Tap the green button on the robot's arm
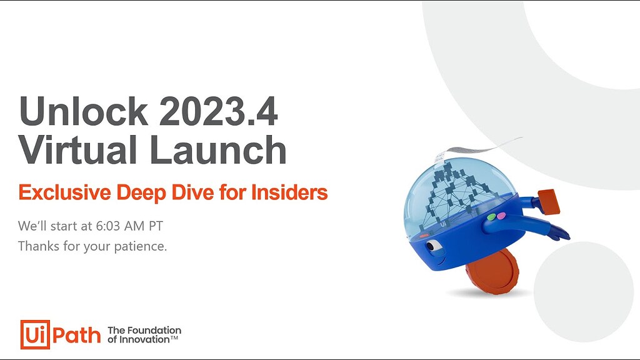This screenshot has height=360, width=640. click(x=491, y=217)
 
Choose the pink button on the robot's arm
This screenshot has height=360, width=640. click(x=501, y=215)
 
